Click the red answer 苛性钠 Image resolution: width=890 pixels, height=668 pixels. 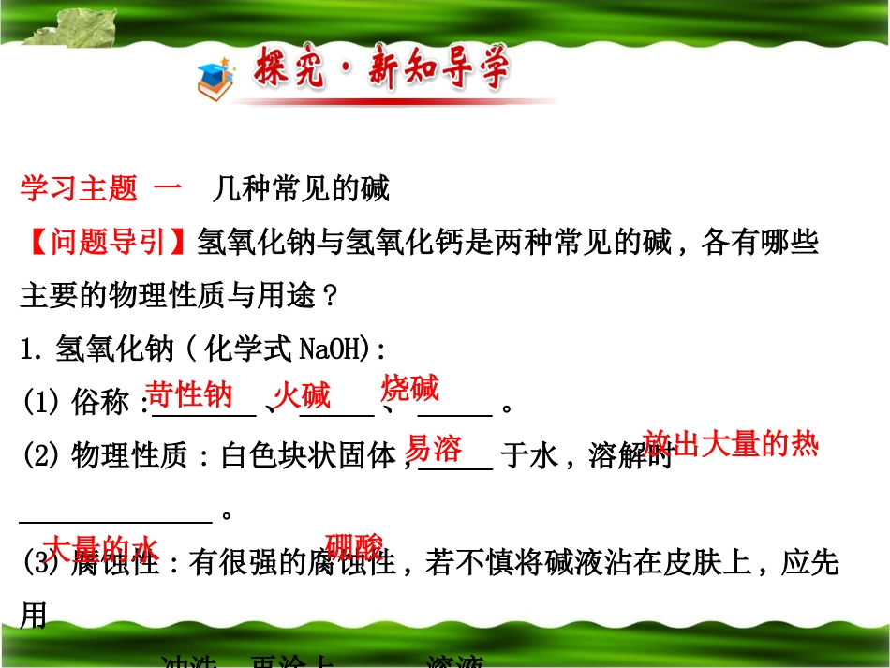[190, 394]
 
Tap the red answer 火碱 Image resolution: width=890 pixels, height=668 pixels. [302, 395]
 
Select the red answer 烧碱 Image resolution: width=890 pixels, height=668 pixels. [410, 388]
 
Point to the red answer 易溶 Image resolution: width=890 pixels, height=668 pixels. [434, 449]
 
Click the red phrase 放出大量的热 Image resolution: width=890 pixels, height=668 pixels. [732, 444]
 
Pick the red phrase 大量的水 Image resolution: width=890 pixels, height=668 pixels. [102, 548]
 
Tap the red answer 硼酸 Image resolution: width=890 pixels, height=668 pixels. [354, 546]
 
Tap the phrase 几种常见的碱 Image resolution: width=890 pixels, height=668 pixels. [300, 189]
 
